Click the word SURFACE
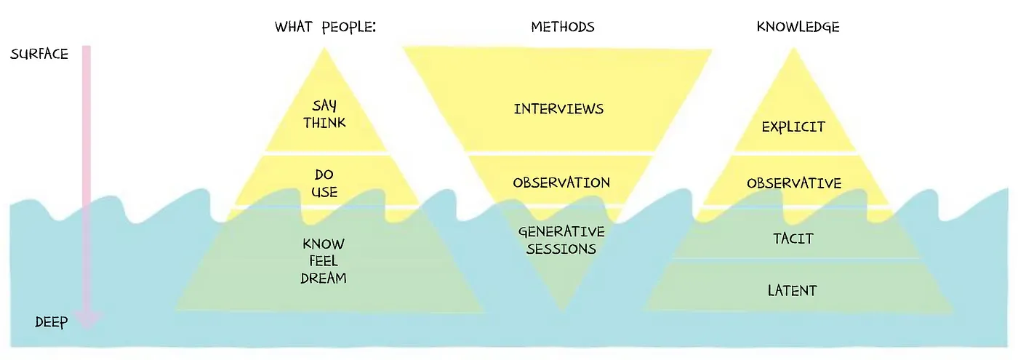[x=39, y=55]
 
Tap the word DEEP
[x=51, y=322]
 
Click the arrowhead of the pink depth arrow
[x=87, y=318]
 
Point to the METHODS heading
[x=562, y=28]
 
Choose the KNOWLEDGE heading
[x=798, y=28]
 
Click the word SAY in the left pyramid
[x=324, y=106]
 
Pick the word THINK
[x=324, y=123]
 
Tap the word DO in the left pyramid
[x=324, y=175]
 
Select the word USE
[x=324, y=193]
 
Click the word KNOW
[x=324, y=244]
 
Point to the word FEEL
[x=324, y=260]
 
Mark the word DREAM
[x=324, y=278]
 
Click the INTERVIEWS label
[x=558, y=109]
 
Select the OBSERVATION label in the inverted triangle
[x=561, y=183]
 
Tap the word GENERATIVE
[x=561, y=232]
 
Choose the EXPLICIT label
[x=793, y=127]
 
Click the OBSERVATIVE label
[x=794, y=183]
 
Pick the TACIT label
[x=793, y=239]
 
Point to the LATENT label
[x=793, y=291]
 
